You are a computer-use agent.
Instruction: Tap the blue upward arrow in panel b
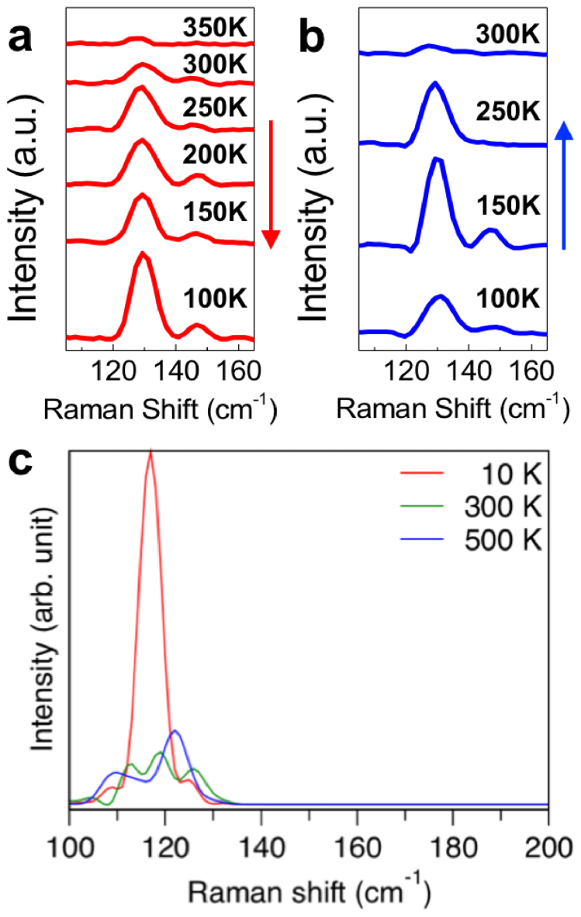564,186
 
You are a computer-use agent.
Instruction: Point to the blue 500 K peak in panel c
175,731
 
